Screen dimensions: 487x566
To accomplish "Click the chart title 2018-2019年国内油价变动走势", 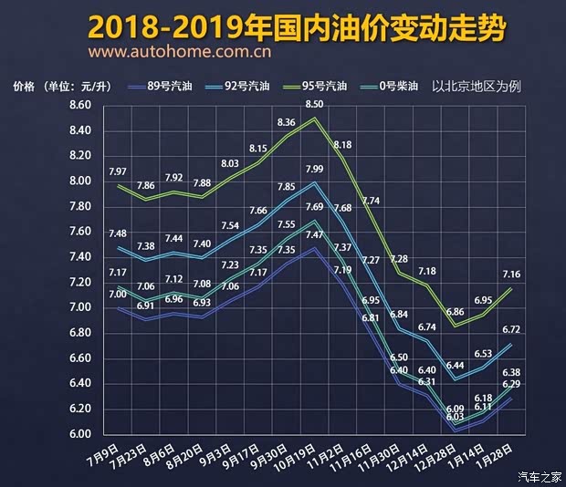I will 298,27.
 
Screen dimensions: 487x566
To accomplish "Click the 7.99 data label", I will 315,169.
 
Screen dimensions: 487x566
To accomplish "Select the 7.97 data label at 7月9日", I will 118,171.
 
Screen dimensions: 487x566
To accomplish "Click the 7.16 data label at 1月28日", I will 510,274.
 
